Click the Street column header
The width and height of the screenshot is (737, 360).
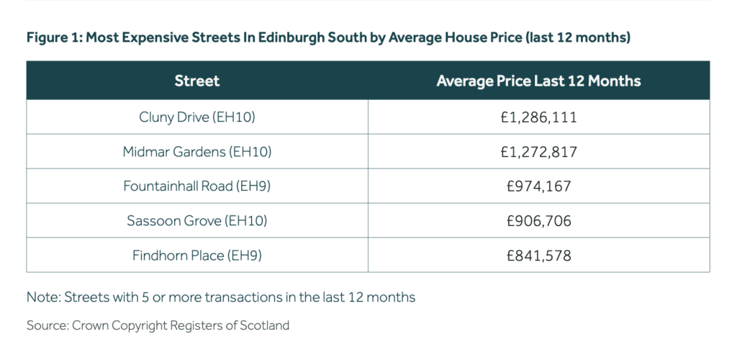pyautogui.click(x=196, y=81)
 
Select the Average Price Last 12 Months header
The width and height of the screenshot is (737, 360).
pyautogui.click(x=538, y=81)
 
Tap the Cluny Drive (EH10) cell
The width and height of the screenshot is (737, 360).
pyautogui.click(x=196, y=117)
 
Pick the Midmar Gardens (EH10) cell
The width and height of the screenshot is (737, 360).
pyautogui.click(x=196, y=151)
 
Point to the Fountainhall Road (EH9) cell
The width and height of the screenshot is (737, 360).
pyautogui.click(x=196, y=186)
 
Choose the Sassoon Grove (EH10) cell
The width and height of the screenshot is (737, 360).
pyautogui.click(x=196, y=220)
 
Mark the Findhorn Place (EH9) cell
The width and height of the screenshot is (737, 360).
pyautogui.click(x=196, y=255)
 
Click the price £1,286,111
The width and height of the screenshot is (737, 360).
pyautogui.click(x=538, y=117)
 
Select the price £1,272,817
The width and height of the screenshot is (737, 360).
pyautogui.click(x=538, y=151)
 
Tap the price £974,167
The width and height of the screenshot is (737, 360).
pyautogui.click(x=538, y=186)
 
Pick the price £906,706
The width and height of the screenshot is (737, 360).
pyautogui.click(x=538, y=220)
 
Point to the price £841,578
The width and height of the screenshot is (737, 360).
pyautogui.click(x=538, y=255)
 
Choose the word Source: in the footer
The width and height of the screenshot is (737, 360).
pyautogui.click(x=48, y=325)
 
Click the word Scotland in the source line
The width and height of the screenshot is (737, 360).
pyautogui.click(x=265, y=325)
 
